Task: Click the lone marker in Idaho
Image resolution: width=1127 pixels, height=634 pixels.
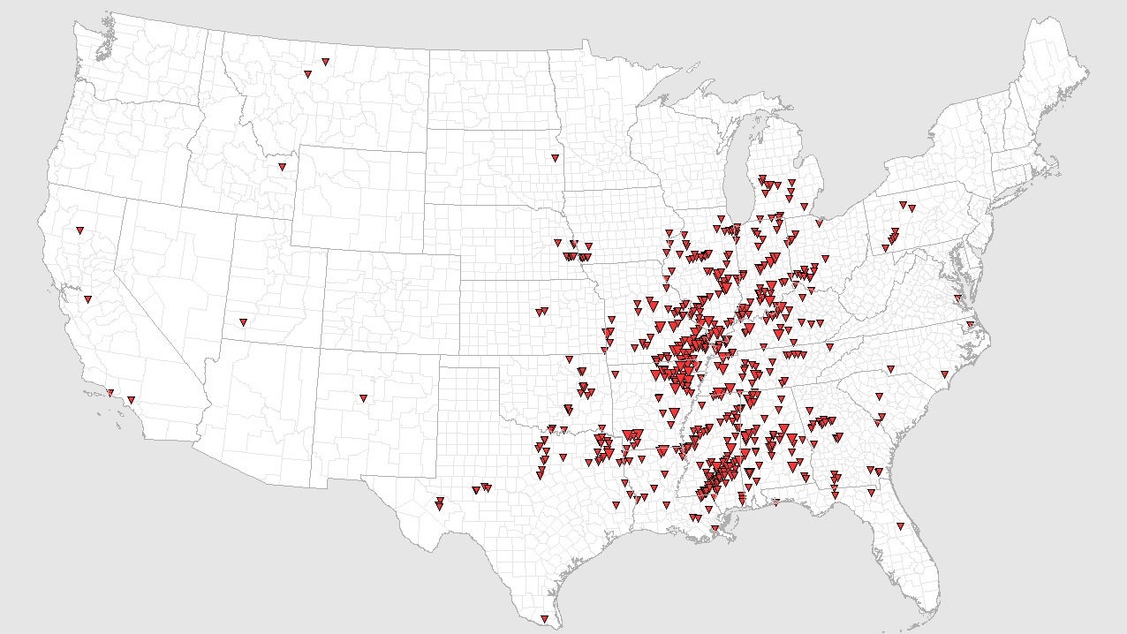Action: [282, 167]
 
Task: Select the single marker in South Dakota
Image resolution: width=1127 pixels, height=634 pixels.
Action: [555, 158]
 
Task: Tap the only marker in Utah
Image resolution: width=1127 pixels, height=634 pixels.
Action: [243, 322]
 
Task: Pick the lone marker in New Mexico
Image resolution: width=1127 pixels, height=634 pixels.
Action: [363, 398]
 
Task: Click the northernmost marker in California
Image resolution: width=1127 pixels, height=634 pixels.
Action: [79, 230]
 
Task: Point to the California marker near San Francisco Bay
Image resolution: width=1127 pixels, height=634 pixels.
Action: [87, 299]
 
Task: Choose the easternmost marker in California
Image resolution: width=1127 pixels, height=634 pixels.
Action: [131, 400]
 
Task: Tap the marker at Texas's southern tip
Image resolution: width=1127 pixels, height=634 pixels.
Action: [544, 619]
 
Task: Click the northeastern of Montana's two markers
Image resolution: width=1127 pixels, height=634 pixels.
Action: [326, 62]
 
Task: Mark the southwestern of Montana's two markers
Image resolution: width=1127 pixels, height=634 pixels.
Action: [307, 74]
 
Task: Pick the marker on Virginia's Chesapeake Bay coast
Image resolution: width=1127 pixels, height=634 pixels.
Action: [957, 298]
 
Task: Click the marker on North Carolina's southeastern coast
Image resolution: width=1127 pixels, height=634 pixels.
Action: [943, 374]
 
